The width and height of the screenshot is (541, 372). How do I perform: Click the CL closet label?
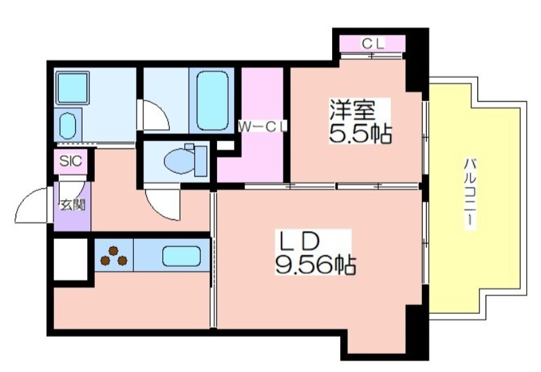[373, 44]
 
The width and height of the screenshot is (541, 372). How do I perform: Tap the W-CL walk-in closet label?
[263, 127]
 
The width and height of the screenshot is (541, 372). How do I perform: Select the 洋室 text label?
[352, 109]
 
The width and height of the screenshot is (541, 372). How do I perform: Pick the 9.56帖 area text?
[315, 264]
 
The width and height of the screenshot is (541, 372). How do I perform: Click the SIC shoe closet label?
[70, 161]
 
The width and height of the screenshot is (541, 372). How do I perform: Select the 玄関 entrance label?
[72, 205]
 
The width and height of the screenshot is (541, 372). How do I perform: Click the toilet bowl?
[185, 161]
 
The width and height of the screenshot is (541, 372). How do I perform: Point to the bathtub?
[212, 100]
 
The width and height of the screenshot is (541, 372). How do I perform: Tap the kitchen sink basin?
[181, 256]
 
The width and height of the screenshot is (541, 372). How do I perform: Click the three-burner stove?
[114, 256]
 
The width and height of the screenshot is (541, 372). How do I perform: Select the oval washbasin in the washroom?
[67, 126]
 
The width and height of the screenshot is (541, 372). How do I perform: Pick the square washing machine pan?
[72, 88]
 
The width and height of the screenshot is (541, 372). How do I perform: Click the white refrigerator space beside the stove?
[71, 259]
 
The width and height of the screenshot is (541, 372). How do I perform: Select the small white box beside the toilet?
[225, 146]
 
